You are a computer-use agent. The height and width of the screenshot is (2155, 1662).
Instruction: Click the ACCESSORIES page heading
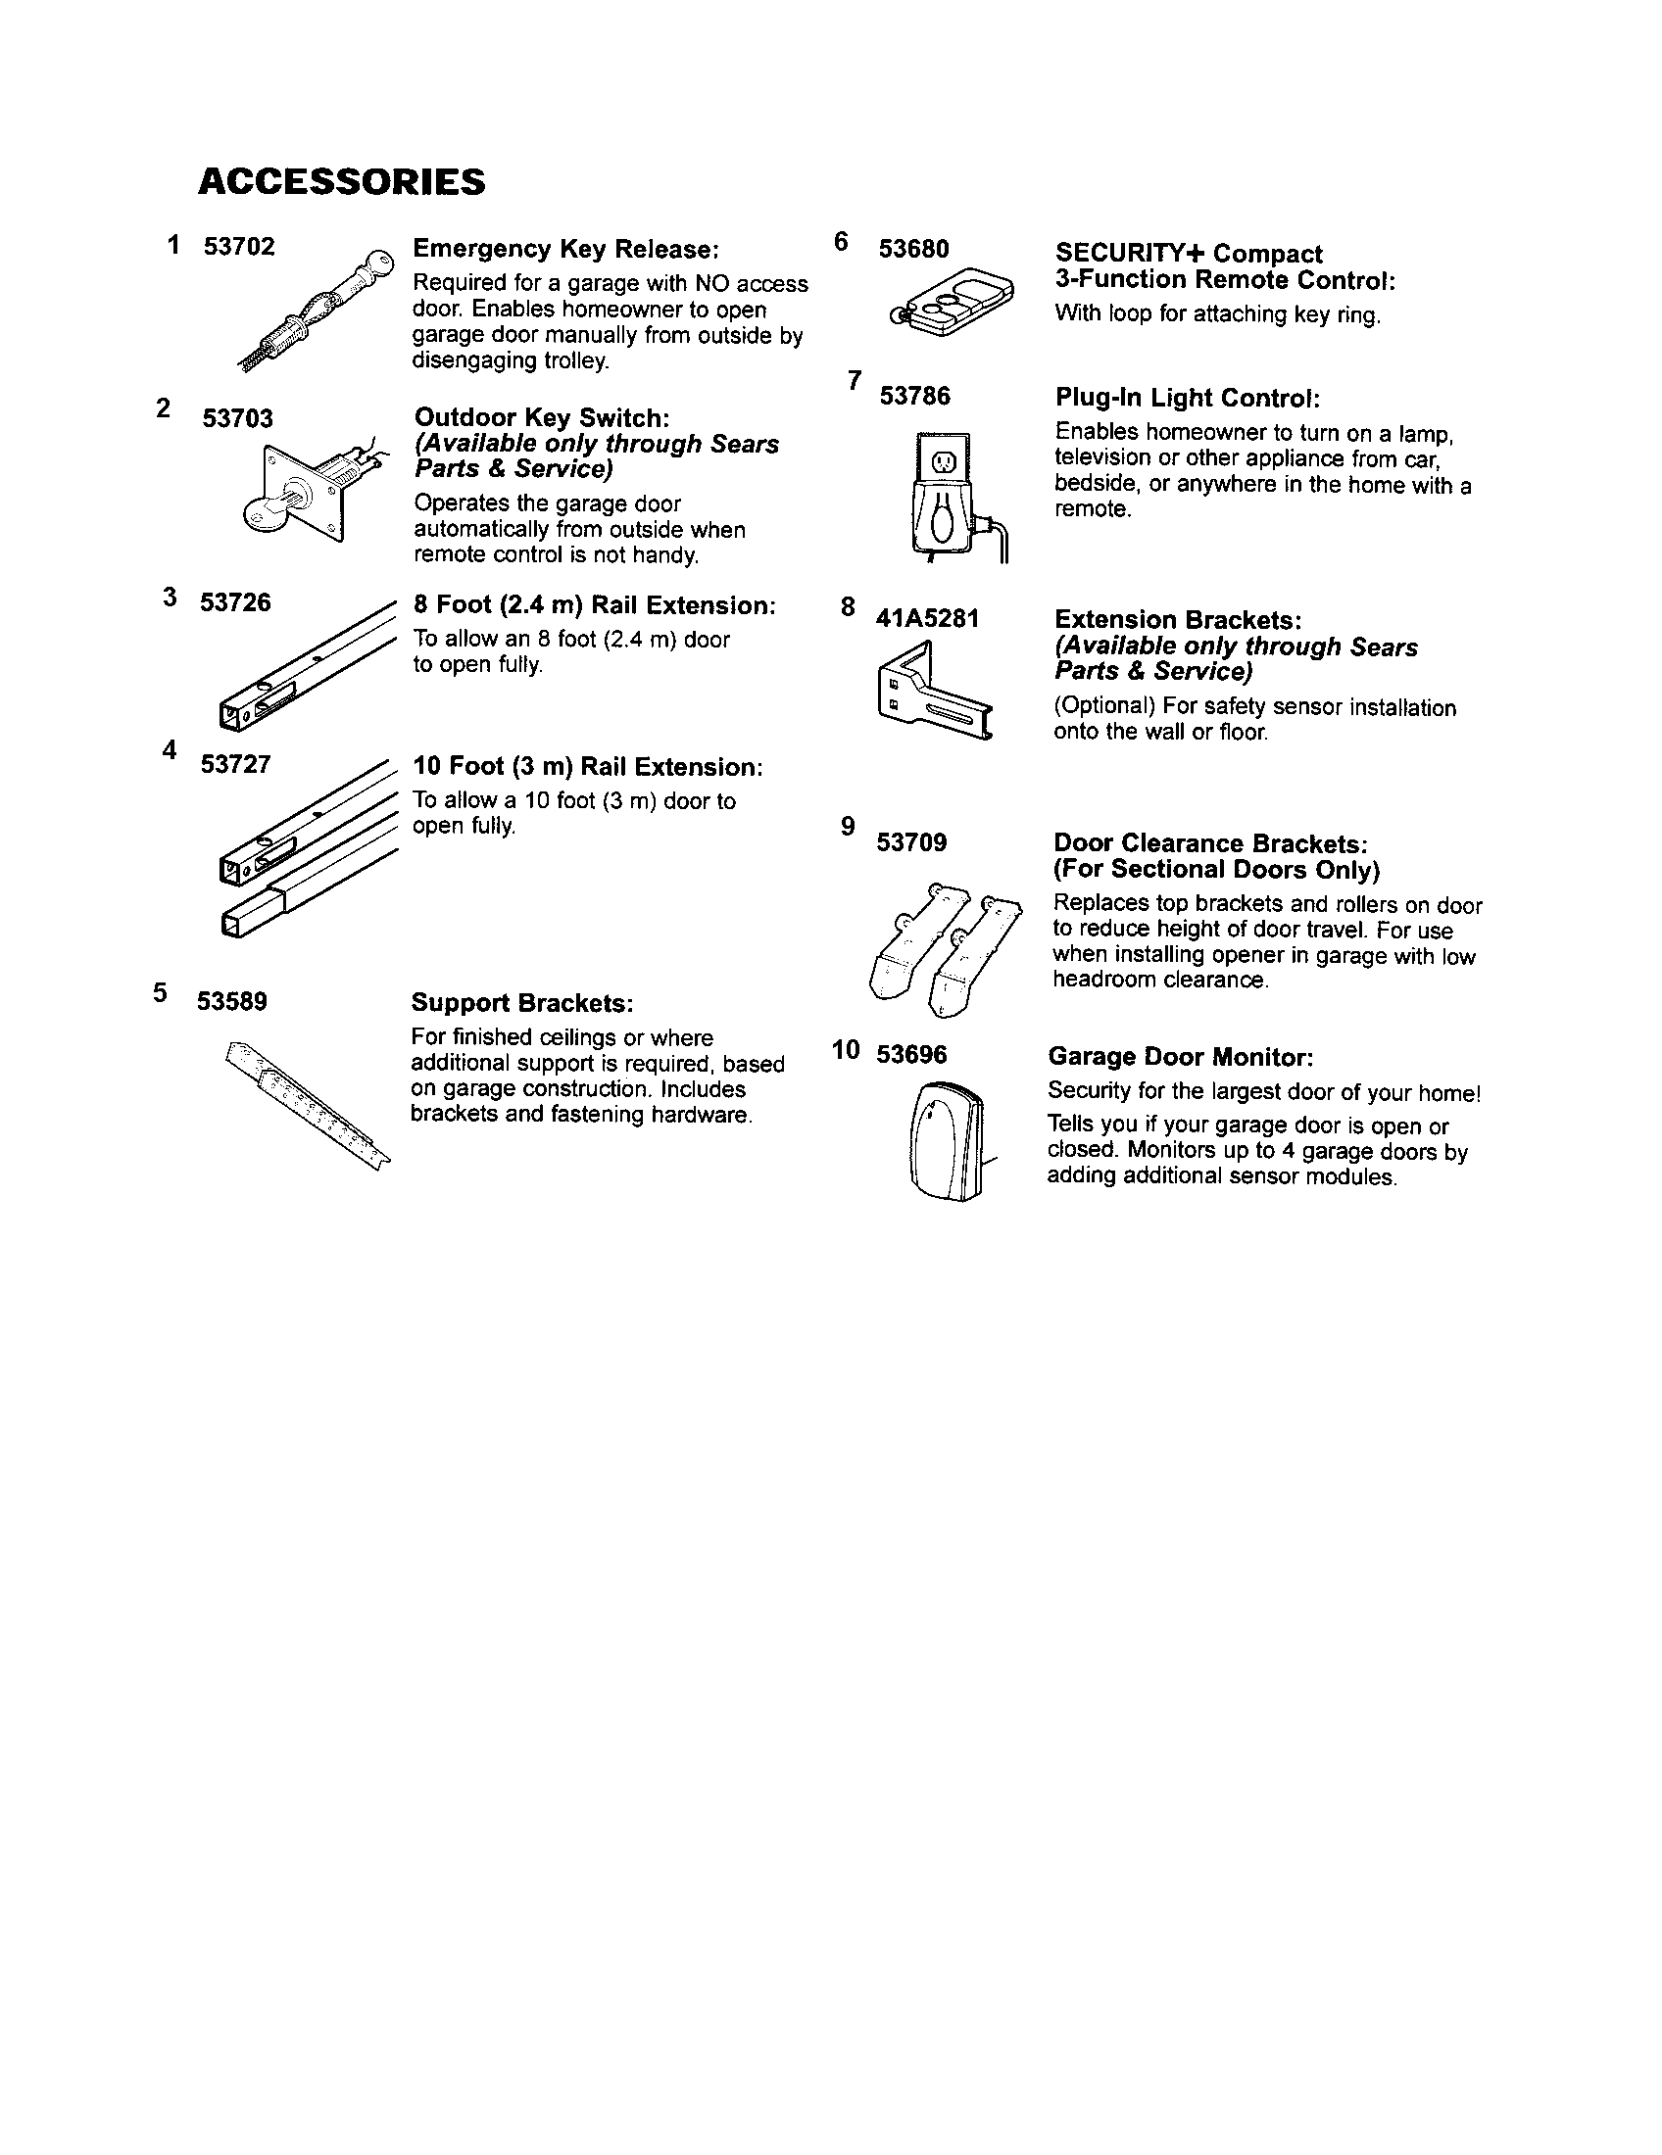pyautogui.click(x=341, y=182)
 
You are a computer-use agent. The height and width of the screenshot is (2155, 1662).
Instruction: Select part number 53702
pyautogui.click(x=239, y=247)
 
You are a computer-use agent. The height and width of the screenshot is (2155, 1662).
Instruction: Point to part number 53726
pyautogui.click(x=235, y=602)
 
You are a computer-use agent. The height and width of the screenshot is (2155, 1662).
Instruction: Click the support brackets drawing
pyautogui.click(x=308, y=1102)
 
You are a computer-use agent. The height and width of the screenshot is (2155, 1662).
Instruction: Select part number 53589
pyautogui.click(x=232, y=1001)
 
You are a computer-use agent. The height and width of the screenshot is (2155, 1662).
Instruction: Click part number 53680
pyautogui.click(x=913, y=250)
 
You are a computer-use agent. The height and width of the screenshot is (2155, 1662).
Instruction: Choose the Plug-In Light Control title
pyautogui.click(x=1188, y=398)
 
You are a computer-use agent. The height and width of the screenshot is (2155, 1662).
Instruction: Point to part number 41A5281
pyautogui.click(x=927, y=619)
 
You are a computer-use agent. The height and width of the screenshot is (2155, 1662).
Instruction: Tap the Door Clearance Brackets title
pyautogui.click(x=1210, y=843)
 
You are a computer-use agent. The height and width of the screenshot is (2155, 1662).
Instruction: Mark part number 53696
pyautogui.click(x=911, y=1055)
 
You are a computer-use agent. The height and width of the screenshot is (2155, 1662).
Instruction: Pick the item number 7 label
pyautogui.click(x=854, y=380)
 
